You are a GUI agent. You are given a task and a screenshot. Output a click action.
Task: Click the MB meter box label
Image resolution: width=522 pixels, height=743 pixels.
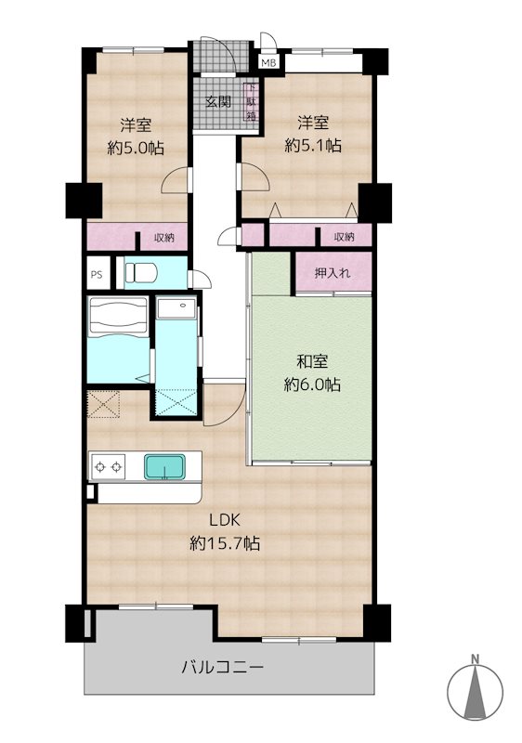tap(268, 63)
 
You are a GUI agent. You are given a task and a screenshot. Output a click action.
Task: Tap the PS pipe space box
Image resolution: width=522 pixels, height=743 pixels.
tap(97, 275)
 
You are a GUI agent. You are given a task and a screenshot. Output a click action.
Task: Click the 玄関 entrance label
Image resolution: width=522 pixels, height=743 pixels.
tap(218, 101)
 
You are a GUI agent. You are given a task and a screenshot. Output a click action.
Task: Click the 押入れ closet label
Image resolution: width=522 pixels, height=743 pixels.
tap(333, 273)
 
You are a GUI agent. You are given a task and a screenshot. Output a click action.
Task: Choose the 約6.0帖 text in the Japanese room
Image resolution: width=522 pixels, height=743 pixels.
tap(311, 383)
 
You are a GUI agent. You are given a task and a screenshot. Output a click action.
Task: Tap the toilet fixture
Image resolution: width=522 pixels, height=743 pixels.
tap(144, 272)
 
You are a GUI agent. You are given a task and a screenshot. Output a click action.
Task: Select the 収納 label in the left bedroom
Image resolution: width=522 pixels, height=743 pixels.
tap(163, 238)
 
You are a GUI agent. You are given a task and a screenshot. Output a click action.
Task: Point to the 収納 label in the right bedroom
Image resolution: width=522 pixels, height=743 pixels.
tap(343, 237)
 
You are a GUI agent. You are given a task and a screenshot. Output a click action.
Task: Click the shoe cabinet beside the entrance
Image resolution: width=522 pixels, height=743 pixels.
tap(250, 103)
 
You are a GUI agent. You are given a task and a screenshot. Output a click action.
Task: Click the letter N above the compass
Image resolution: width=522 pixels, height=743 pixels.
tap(475, 659)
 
